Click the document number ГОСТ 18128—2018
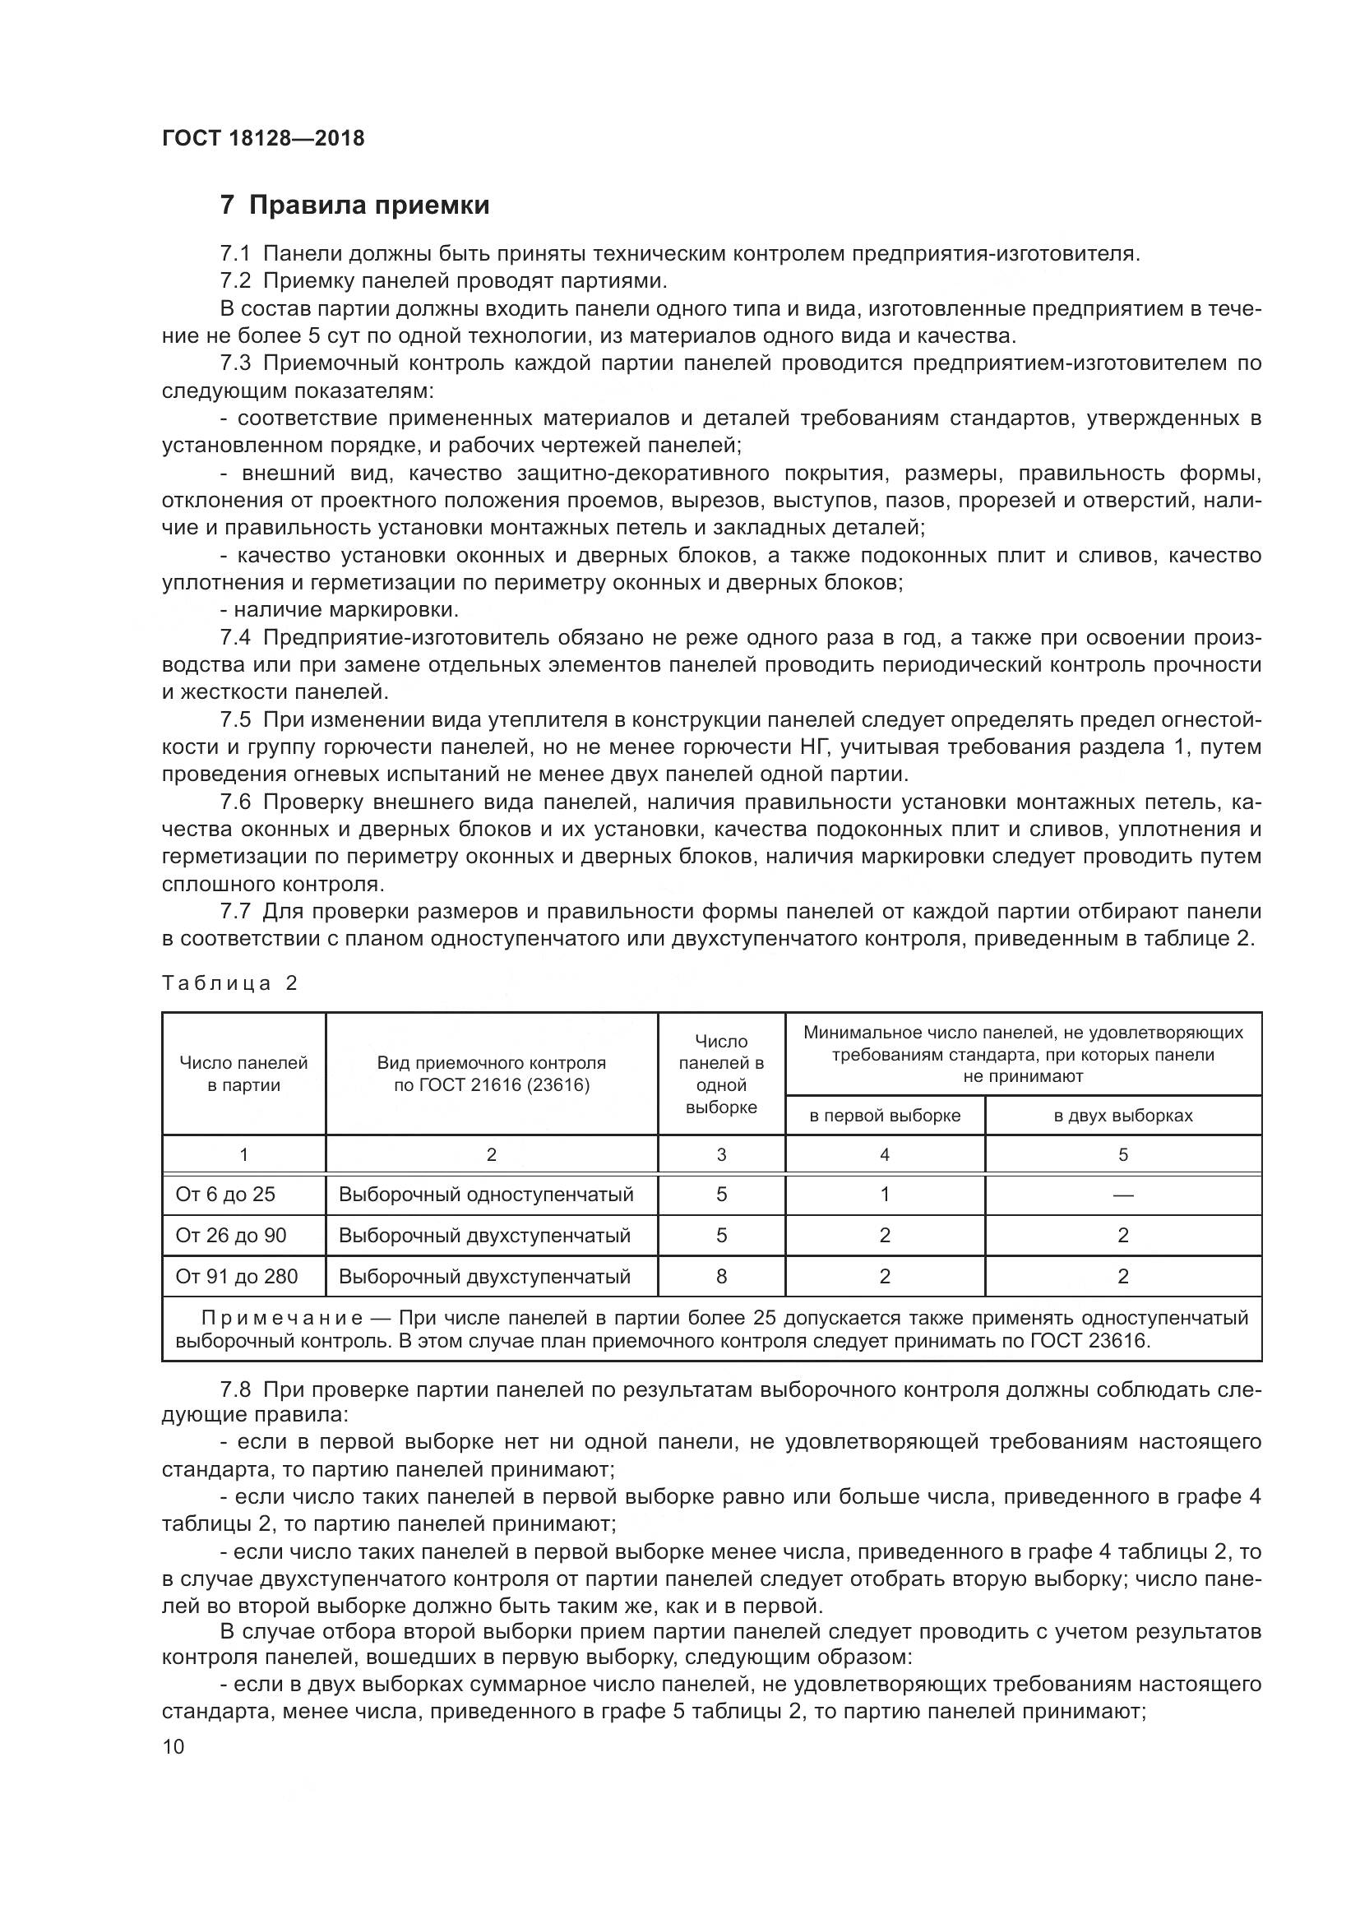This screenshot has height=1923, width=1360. click(263, 138)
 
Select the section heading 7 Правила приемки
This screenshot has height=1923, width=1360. click(354, 206)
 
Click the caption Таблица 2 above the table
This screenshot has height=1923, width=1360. click(229, 983)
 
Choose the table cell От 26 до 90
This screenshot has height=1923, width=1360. click(230, 1236)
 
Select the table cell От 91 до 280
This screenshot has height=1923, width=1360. click(236, 1277)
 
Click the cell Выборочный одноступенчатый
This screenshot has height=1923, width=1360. click(486, 1195)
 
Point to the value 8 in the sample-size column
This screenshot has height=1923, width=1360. click(721, 1277)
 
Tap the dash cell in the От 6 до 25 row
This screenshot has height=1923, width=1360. click(1122, 1195)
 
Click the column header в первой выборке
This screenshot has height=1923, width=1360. click(885, 1116)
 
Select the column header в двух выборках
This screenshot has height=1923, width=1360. click(1122, 1116)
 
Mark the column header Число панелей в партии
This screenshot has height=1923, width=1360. click(243, 1074)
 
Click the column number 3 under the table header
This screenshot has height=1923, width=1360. click(721, 1155)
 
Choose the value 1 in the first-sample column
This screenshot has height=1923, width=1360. click(885, 1195)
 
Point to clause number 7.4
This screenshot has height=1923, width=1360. click(235, 638)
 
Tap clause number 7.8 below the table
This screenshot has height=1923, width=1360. click(235, 1389)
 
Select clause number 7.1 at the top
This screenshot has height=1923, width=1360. click(235, 254)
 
